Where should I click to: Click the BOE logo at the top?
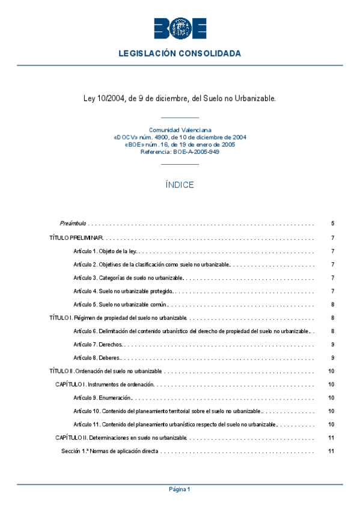[180, 28]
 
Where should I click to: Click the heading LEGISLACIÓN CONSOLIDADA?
[180, 54]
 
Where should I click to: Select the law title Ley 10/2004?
[180, 98]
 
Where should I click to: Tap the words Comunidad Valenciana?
[180, 130]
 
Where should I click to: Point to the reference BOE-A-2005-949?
[180, 152]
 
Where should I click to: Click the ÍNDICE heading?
[180, 185]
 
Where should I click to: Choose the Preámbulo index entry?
[73, 223]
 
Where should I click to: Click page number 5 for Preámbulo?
[332, 223]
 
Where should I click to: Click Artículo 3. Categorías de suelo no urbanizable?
[128, 278]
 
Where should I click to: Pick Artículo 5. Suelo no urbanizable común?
[120, 304]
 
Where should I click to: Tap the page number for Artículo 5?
[332, 304]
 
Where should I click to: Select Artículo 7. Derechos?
[97, 345]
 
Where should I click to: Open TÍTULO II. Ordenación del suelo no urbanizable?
[106, 371]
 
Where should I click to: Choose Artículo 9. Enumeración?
[102, 398]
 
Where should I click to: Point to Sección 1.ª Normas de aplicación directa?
[109, 451]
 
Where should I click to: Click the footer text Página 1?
[180, 490]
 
